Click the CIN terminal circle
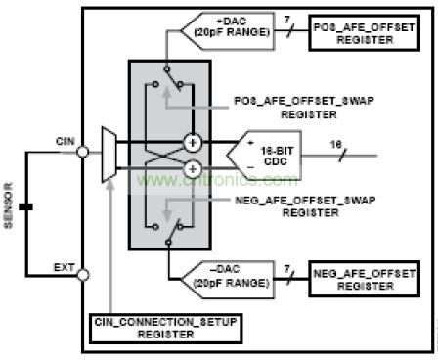(82, 152)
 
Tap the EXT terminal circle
(82, 274)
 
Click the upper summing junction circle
(193, 143)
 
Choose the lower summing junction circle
(193, 167)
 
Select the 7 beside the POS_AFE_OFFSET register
(285, 20)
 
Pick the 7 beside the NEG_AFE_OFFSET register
(285, 267)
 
